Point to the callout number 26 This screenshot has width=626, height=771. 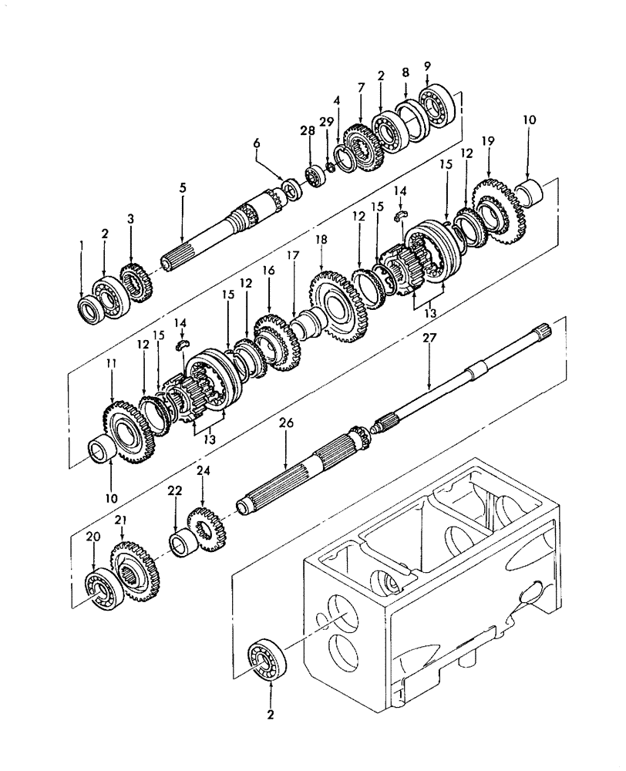[285, 424]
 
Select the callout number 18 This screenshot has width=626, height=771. [320, 241]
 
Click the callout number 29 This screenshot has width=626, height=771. [325, 123]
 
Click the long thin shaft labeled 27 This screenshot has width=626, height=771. [455, 377]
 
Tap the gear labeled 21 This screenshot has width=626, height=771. [134, 571]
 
